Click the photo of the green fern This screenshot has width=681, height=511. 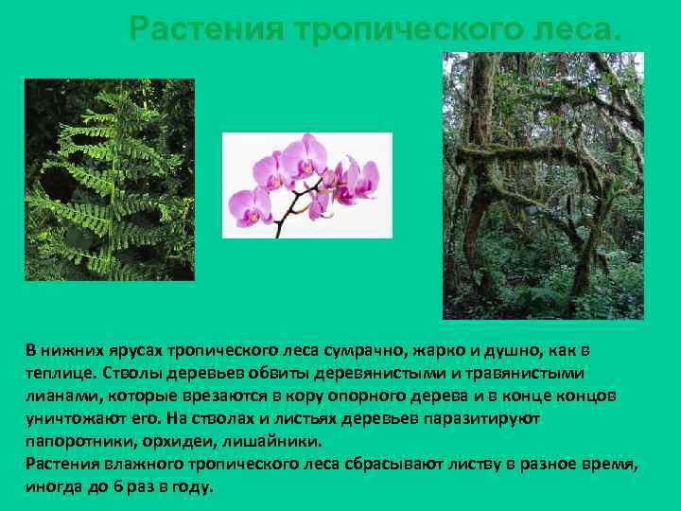point(109,180)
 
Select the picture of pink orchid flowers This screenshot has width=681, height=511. point(306,185)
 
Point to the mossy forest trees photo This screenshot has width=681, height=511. point(543,185)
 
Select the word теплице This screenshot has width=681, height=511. point(58,372)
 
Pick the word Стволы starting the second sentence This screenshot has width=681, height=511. point(134,372)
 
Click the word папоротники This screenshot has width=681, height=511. point(73,440)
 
